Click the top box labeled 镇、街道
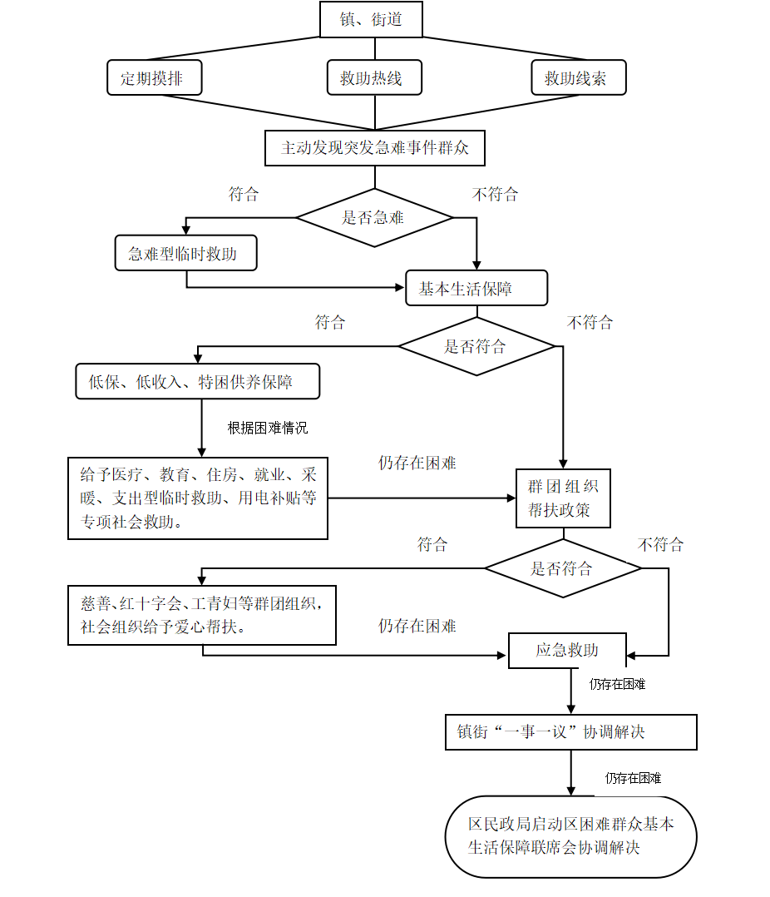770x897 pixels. (371, 20)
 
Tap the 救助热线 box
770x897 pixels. (374, 78)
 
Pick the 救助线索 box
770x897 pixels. (578, 78)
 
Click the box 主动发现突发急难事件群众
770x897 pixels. (374, 148)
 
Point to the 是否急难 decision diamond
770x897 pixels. (374, 218)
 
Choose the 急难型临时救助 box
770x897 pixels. (185, 254)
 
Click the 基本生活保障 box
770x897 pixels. (476, 289)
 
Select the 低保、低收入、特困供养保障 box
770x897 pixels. (197, 382)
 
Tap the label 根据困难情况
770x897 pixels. (268, 429)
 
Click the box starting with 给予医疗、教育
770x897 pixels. (198, 498)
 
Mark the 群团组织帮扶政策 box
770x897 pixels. (563, 498)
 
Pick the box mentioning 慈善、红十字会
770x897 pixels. (202, 615)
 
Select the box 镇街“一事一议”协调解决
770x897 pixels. (570, 732)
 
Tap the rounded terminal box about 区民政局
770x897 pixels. (570, 836)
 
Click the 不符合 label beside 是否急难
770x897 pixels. (495, 195)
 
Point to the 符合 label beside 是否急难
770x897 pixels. (244, 195)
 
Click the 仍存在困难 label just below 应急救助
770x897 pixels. (617, 685)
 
